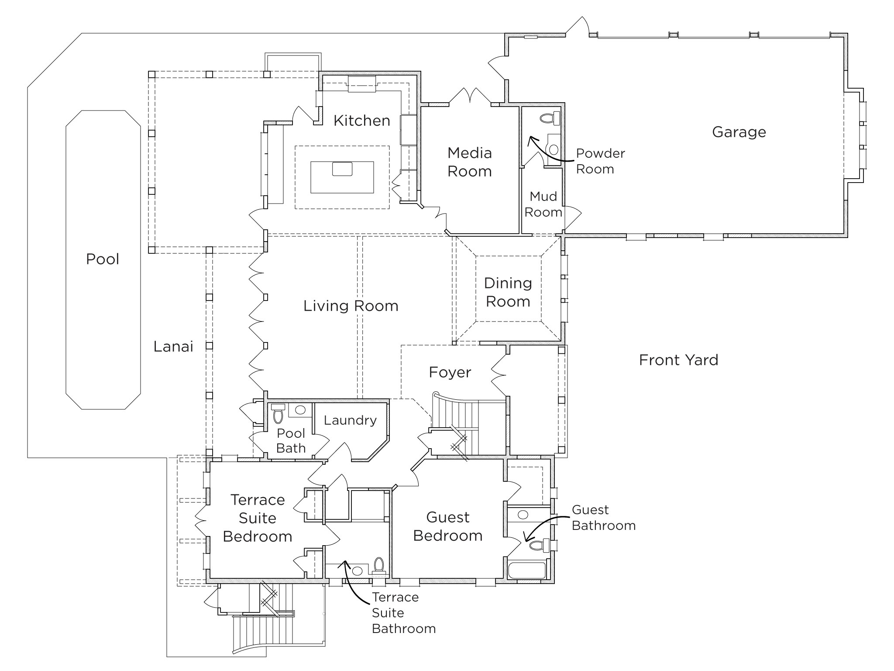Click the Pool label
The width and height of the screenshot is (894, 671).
click(103, 259)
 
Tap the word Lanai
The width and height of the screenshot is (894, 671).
click(173, 346)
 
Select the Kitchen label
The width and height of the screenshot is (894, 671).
click(362, 121)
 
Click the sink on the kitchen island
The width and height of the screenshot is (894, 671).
click(342, 169)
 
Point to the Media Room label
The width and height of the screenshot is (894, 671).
click(470, 162)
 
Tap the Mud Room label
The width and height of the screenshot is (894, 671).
click(543, 204)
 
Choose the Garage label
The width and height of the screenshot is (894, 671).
click(739, 132)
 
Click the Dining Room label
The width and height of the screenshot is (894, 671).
click(508, 292)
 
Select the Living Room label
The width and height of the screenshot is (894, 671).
click(351, 306)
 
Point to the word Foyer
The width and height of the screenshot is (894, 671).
click(450, 372)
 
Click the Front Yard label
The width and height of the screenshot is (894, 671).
click(678, 360)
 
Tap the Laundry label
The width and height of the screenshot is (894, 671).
click(350, 420)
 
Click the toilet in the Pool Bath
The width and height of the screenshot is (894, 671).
click(278, 415)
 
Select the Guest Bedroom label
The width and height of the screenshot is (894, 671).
click(448, 526)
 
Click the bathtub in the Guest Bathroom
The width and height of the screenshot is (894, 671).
click(527, 571)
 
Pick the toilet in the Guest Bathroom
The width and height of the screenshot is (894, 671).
click(539, 545)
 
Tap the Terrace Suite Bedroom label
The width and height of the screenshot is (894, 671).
click(258, 518)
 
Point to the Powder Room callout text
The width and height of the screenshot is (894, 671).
click(600, 161)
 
